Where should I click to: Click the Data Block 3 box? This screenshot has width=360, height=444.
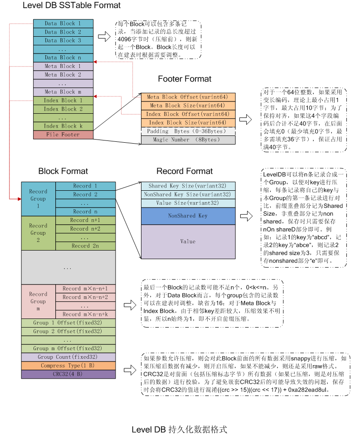63,40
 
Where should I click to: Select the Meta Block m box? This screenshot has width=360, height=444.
63,92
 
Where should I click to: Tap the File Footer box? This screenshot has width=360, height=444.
63,135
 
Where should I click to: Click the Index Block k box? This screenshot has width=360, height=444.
63,126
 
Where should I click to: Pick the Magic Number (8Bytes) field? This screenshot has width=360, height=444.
188,140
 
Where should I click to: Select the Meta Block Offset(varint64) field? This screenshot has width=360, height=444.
188,97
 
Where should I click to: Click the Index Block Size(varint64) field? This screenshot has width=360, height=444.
188,123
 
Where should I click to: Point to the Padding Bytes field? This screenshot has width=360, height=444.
188,131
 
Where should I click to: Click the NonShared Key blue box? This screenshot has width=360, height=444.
188,216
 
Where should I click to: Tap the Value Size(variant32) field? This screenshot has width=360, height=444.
188,203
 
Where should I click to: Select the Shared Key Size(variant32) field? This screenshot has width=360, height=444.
188,186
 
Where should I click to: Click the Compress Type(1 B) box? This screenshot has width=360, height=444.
68,366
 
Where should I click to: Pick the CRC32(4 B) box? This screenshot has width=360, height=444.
68,374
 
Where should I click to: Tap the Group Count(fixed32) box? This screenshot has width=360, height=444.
68,357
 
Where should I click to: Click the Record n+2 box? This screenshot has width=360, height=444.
85,229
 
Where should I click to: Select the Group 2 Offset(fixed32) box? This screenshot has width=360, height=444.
68,331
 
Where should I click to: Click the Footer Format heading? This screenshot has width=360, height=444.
185,79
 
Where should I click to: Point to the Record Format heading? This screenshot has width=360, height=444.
185,171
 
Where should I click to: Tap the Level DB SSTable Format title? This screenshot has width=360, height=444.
72,6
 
